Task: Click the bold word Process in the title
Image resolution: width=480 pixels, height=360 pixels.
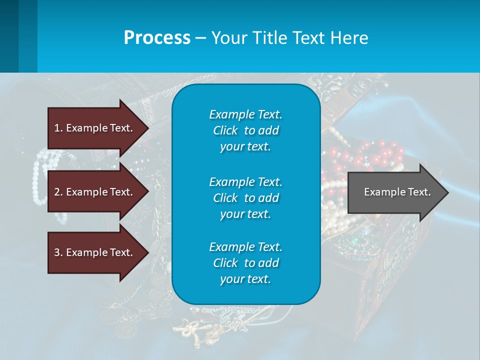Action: (157, 38)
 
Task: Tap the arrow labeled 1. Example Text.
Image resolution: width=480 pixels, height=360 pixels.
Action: (95, 128)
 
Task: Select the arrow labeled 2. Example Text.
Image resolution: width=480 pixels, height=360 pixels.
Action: (95, 192)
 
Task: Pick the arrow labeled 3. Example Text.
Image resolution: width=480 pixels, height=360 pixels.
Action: (95, 252)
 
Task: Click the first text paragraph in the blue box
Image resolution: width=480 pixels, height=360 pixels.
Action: (245, 130)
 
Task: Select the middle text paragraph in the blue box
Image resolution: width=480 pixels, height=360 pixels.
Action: (245, 198)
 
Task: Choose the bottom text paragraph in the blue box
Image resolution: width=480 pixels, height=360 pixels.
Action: (245, 263)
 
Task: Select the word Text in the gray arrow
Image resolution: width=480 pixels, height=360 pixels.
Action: (419, 192)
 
